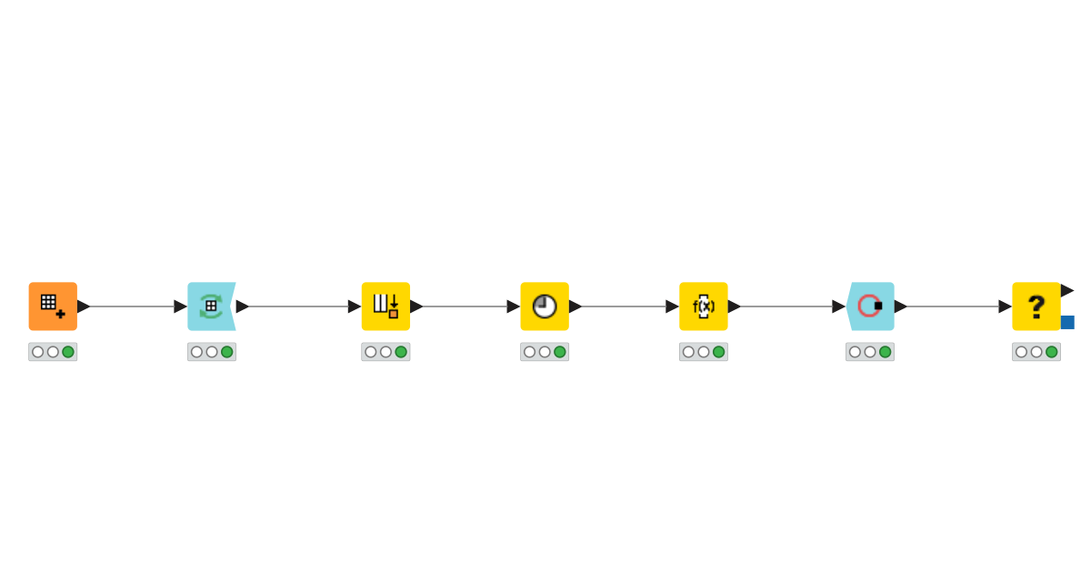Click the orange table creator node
point(53,307)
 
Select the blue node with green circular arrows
point(212,307)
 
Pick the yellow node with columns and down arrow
point(385,307)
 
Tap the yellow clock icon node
point(545,307)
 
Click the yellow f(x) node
point(704,307)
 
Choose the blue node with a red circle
point(870,307)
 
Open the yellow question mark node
point(1036,307)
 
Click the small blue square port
point(1067,322)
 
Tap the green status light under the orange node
point(68,352)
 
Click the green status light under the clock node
point(560,352)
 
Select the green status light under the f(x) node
point(719,352)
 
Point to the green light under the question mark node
point(1052,352)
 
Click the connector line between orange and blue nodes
point(132,307)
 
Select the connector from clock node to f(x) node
point(624,307)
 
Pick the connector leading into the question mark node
point(953,307)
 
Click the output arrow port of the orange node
point(84,307)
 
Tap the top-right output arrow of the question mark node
point(1067,290)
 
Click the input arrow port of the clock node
point(514,307)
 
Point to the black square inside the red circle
point(878,306)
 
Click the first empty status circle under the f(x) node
point(688,352)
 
